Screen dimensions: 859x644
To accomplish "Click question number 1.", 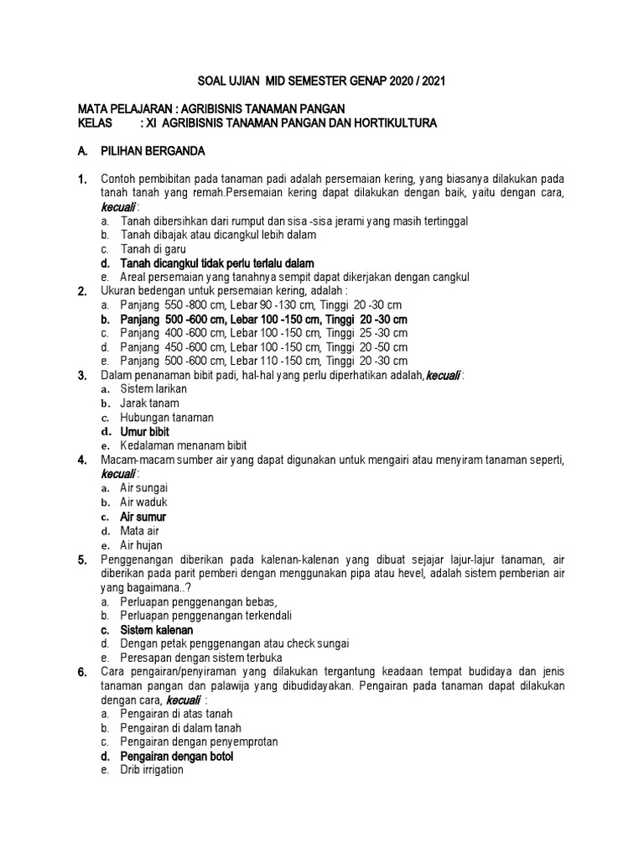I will pyautogui.click(x=82, y=180).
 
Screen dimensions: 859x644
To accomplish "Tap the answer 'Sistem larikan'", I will pyautogui.click(x=153, y=389).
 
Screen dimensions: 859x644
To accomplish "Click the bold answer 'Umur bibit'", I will pyautogui.click(x=144, y=431).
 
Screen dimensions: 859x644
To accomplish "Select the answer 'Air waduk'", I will pyautogui.click(x=144, y=502).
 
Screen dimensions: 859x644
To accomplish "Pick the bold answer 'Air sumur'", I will pyautogui.click(x=143, y=517).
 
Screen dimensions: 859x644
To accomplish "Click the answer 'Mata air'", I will pyautogui.click(x=139, y=531).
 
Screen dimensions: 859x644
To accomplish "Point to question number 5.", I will pyautogui.click(x=82, y=560).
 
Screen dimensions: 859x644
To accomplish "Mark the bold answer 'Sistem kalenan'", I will pyautogui.click(x=156, y=629).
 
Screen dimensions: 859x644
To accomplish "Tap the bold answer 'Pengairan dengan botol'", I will pyautogui.click(x=176, y=756).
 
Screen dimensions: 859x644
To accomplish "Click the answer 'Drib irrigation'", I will pyautogui.click(x=151, y=770).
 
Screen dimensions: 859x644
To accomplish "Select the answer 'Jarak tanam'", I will pyautogui.click(x=149, y=403).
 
